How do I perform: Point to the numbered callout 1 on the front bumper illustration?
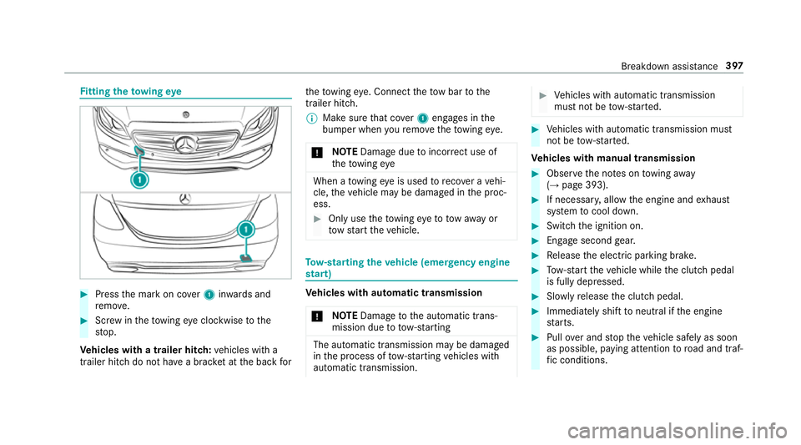[140, 180]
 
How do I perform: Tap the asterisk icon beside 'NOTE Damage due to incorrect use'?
[310, 153]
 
